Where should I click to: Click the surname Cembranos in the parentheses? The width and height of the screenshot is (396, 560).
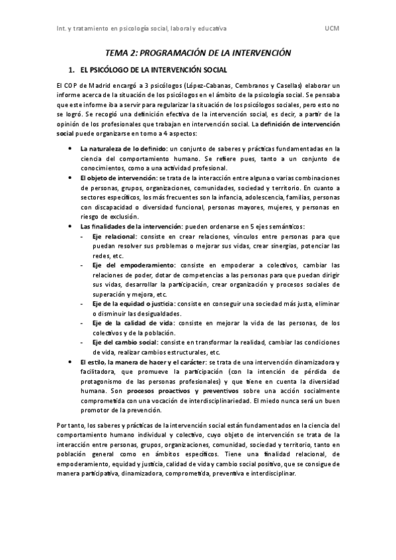coord(258,86)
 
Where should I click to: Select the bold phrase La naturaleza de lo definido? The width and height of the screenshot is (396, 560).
coord(122,149)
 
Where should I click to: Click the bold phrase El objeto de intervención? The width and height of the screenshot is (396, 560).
coord(118,178)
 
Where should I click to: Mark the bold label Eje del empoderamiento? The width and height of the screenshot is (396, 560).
coord(130,265)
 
